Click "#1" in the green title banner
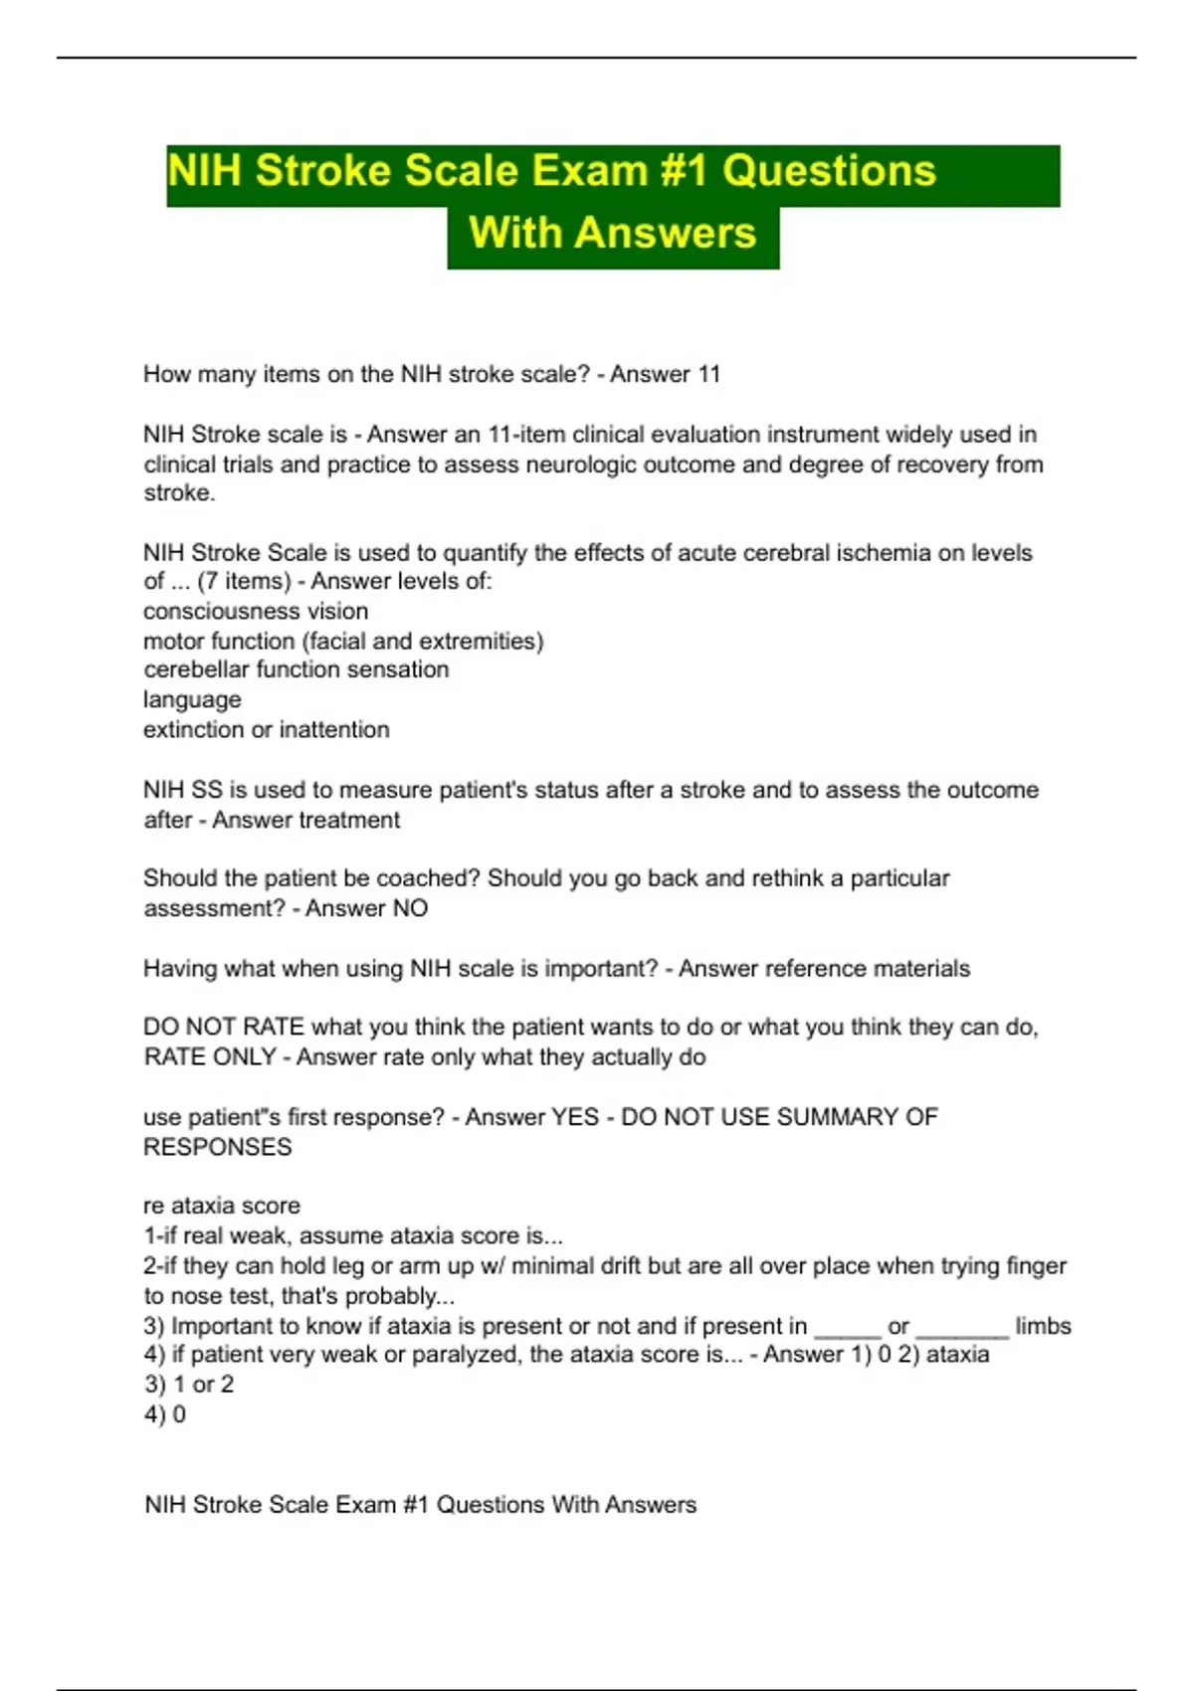(x=684, y=171)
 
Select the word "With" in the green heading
(x=514, y=233)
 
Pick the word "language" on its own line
(x=192, y=699)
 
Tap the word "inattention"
(x=334, y=729)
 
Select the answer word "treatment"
(x=350, y=820)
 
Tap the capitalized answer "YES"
(x=575, y=1117)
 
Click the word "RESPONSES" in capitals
(x=218, y=1147)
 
